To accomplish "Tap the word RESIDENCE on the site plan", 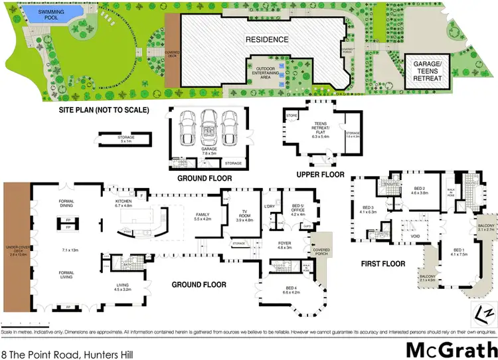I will pos(268,39).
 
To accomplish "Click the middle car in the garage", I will pos(207,126).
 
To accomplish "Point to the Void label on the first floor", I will pos(416,235).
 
